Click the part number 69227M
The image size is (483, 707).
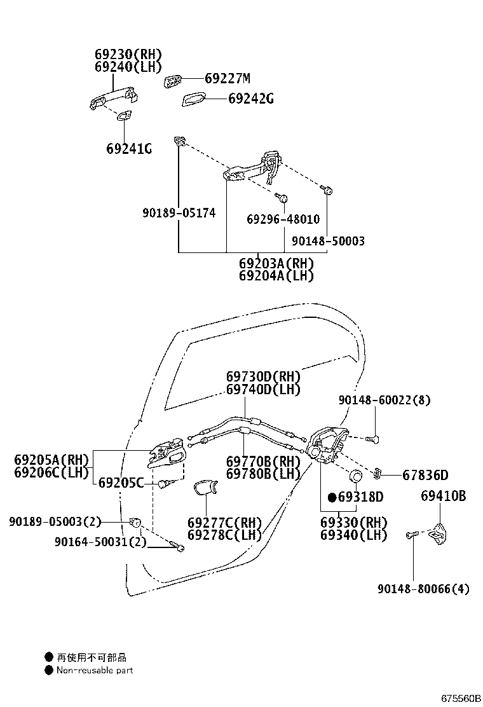228,79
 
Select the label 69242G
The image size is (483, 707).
251,99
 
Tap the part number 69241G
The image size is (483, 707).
129,149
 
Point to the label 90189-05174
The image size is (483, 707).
179,213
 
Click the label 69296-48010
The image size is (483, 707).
283,219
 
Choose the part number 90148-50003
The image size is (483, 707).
328,242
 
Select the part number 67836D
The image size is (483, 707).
425,475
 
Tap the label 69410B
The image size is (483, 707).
443,496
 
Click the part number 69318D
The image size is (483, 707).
360,497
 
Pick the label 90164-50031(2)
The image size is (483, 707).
100,542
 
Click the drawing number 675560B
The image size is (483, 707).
461,698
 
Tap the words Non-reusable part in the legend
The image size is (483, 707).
95,669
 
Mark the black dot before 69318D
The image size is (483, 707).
331,497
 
